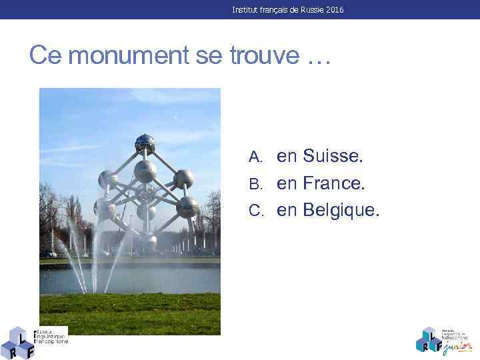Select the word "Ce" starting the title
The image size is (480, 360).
click(x=46, y=56)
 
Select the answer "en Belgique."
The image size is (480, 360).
click(x=328, y=210)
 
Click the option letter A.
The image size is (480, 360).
click(x=255, y=157)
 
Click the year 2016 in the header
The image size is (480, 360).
click(x=335, y=10)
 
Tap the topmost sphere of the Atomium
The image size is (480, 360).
click(x=145, y=143)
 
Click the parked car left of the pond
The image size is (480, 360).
click(x=48, y=254)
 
